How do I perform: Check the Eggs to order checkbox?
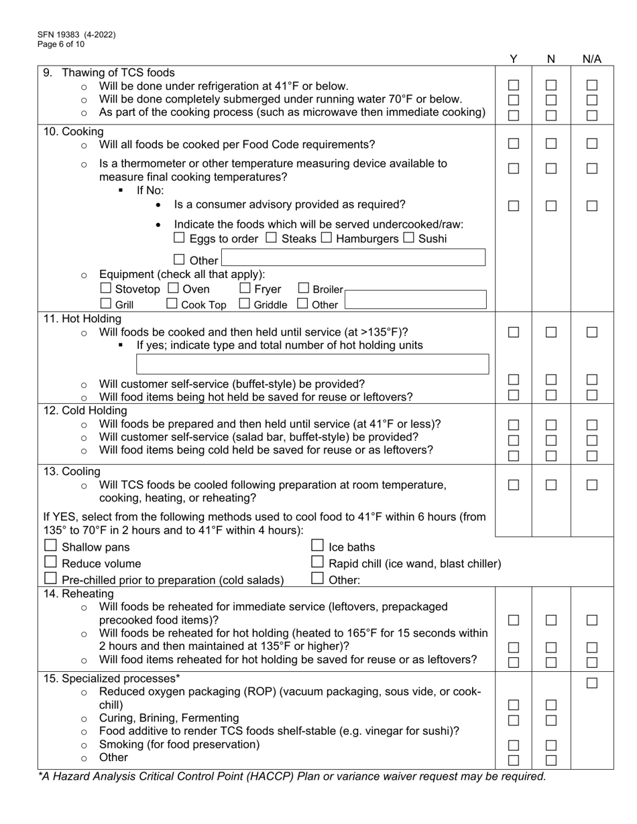(x=179, y=238)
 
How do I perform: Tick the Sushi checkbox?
(x=409, y=238)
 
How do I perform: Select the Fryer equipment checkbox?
(x=245, y=289)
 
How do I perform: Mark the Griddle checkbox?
(x=245, y=304)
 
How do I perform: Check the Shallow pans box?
(x=50, y=546)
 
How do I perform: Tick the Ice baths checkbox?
(x=317, y=546)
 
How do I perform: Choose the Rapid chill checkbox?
(x=317, y=562)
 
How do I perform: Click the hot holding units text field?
(x=312, y=364)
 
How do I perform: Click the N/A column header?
(x=591, y=59)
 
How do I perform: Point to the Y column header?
(x=513, y=59)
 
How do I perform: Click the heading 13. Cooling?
(x=72, y=472)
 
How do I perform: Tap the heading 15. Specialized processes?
(x=111, y=679)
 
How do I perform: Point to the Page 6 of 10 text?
(x=61, y=44)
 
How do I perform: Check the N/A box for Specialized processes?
(x=591, y=683)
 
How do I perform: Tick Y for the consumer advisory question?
(x=513, y=206)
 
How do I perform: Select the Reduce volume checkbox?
(x=50, y=562)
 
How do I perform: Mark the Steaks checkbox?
(x=271, y=238)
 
